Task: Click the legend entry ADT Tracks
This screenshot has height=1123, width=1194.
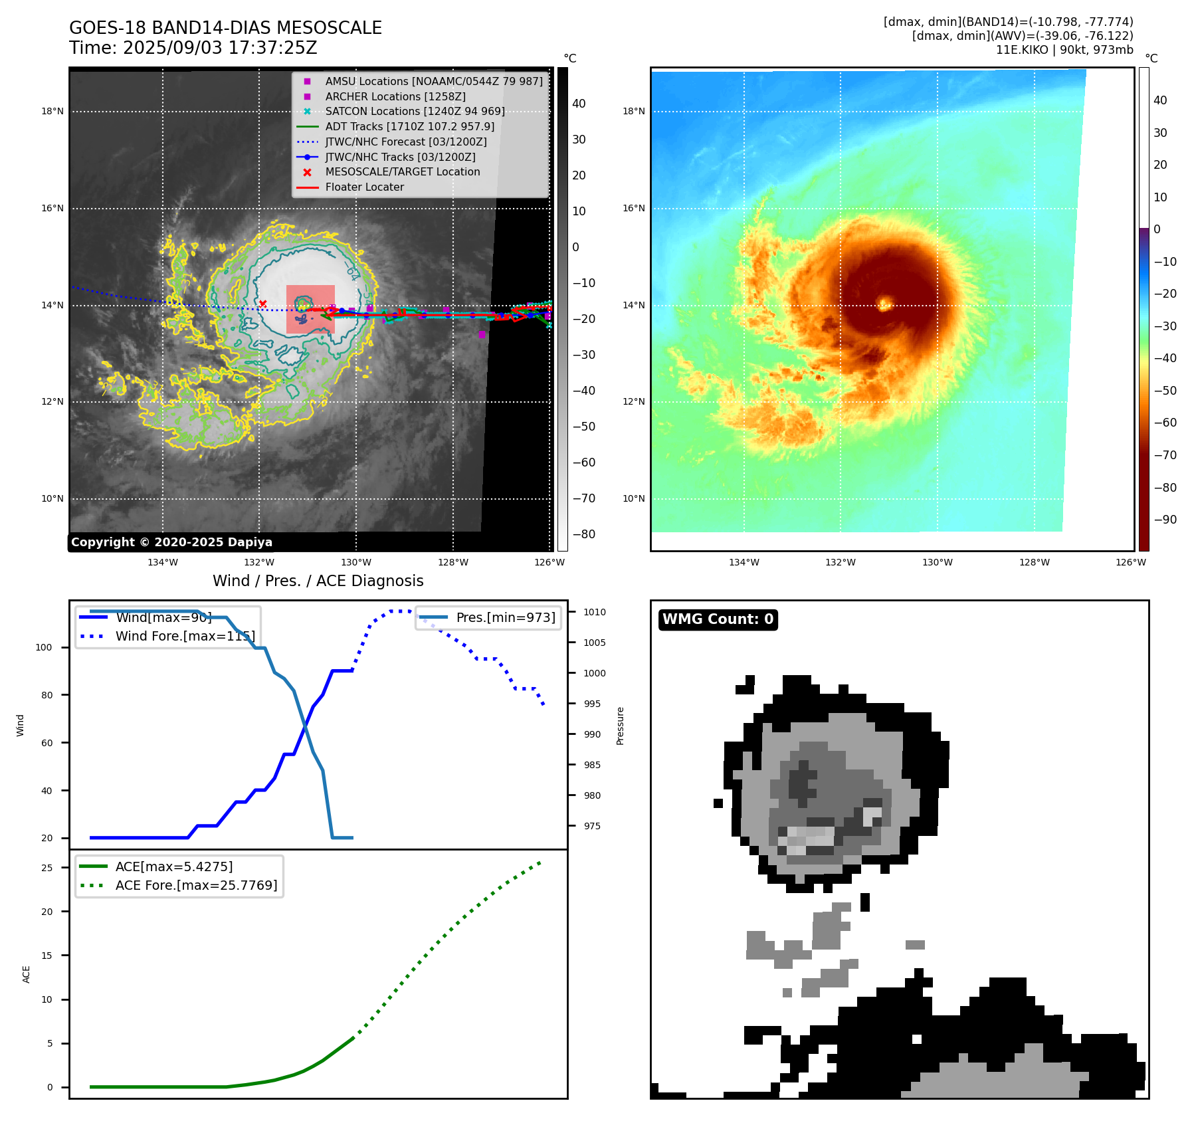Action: (409, 126)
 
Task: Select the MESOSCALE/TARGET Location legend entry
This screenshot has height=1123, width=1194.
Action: (402, 171)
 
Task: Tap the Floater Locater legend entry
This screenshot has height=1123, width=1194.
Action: (364, 187)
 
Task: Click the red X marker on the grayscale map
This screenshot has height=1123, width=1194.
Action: (262, 304)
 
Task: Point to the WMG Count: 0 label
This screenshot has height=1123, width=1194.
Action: (718, 619)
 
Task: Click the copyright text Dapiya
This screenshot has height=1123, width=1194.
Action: (171, 542)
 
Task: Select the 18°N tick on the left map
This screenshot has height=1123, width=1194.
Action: (52, 111)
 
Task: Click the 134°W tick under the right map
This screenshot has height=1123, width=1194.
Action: (744, 562)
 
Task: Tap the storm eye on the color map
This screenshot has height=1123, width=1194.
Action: (884, 304)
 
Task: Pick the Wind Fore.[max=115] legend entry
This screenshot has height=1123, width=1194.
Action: (185, 636)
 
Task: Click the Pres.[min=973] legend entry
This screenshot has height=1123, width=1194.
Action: (505, 617)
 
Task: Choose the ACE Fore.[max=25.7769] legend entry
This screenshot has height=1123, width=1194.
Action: (196, 885)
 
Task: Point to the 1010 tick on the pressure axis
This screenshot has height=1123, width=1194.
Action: (595, 612)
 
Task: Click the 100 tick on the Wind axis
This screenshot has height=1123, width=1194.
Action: (44, 647)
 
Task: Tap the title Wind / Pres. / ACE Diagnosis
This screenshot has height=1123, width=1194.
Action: (318, 581)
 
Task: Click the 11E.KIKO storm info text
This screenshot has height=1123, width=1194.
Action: (1064, 50)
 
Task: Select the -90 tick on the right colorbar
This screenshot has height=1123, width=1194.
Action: (1165, 520)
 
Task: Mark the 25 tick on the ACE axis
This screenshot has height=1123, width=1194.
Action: (47, 868)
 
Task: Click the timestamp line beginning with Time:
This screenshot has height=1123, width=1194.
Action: (193, 48)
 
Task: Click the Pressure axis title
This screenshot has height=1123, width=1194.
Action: (620, 726)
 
